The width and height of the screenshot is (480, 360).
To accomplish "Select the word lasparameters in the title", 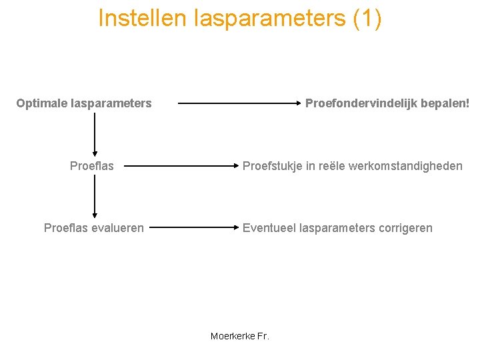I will (x=270, y=18).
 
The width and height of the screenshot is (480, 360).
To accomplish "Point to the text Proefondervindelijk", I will (x=361, y=103).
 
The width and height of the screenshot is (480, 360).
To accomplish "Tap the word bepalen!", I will (x=445, y=103).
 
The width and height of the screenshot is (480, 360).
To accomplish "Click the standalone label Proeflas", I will (x=92, y=166).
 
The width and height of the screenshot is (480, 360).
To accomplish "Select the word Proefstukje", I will (x=271, y=166).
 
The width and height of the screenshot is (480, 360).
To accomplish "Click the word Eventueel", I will (x=269, y=228).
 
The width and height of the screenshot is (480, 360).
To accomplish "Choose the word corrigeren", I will (x=405, y=228).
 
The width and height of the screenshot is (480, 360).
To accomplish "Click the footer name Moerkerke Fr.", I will (x=240, y=336).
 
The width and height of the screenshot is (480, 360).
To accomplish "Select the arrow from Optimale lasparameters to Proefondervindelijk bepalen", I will (x=240, y=103).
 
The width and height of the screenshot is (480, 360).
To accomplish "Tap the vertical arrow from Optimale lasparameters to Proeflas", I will (x=95, y=134).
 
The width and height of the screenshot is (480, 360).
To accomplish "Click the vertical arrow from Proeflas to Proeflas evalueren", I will (x=95, y=197).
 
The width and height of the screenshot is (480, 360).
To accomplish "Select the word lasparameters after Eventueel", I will (x=337, y=228).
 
